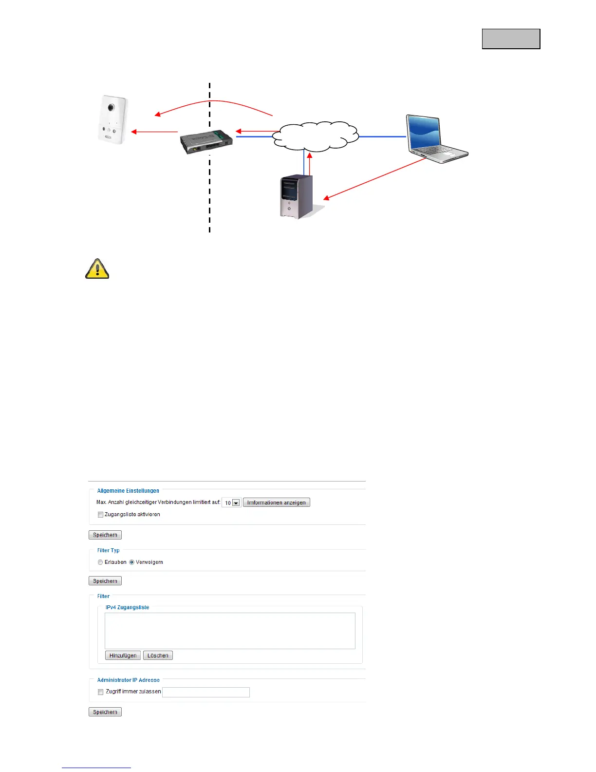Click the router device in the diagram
(206, 142)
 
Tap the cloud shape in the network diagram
(315, 136)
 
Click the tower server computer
(297, 197)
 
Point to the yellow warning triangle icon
(97, 269)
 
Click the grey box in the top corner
(511, 39)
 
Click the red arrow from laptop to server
(375, 179)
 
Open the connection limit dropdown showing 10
(231, 503)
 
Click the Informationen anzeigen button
(276, 502)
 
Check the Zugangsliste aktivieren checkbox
(100, 515)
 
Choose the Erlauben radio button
(100, 562)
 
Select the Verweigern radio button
(131, 562)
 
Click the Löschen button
(158, 656)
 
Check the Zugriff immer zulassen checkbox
(100, 692)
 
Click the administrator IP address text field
(206, 692)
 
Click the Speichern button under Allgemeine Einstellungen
(105, 535)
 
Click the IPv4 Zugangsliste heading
(128, 608)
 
